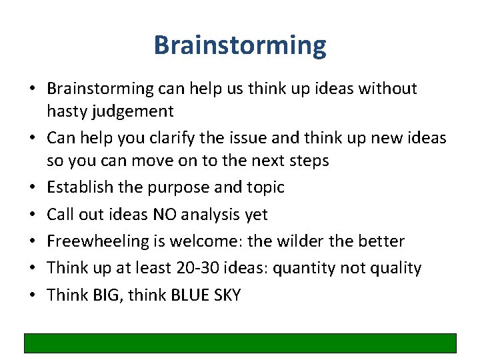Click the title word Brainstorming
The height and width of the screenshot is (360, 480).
(x=240, y=45)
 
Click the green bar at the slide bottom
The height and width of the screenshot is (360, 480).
(x=240, y=343)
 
